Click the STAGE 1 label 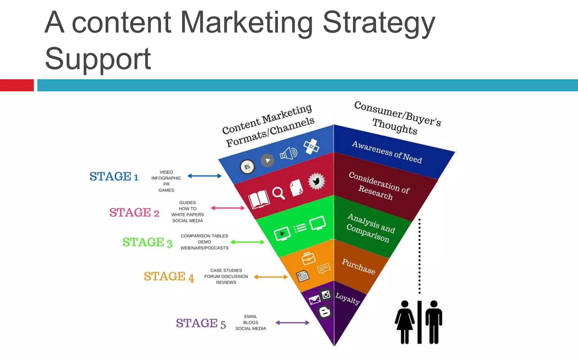click(114, 177)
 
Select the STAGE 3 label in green click(147, 243)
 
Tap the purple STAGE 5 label click(201, 323)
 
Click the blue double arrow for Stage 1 click(204, 176)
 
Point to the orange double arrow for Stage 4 click(271, 277)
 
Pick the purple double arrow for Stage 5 click(292, 323)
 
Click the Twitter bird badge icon click(316, 181)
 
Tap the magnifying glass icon click(278, 193)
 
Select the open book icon click(259, 199)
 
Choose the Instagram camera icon click(326, 295)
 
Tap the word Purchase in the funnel click(358, 266)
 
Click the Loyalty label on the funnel click(347, 299)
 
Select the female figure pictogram click(405, 322)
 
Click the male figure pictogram click(434, 322)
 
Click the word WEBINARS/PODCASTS click(204, 248)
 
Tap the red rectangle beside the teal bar click(17, 85)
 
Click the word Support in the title click(98, 59)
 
